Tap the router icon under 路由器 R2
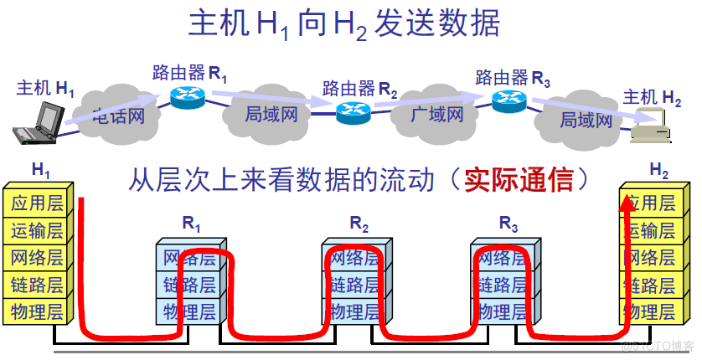(353, 111)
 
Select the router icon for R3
(508, 100)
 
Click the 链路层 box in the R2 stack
(354, 285)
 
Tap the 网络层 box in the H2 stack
(649, 257)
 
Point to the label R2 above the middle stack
(359, 224)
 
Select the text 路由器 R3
(514, 78)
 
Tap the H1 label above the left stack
(41, 171)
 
